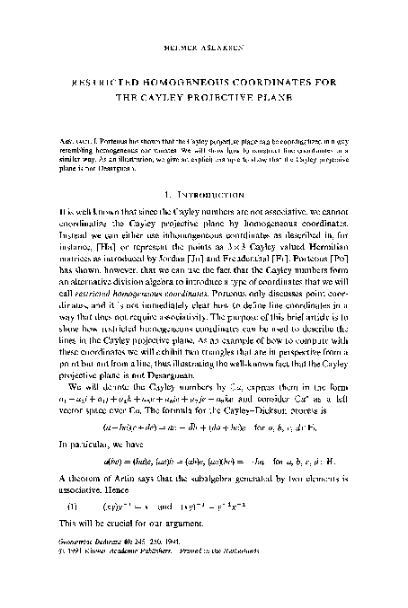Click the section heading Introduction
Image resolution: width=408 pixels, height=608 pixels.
click(216, 191)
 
